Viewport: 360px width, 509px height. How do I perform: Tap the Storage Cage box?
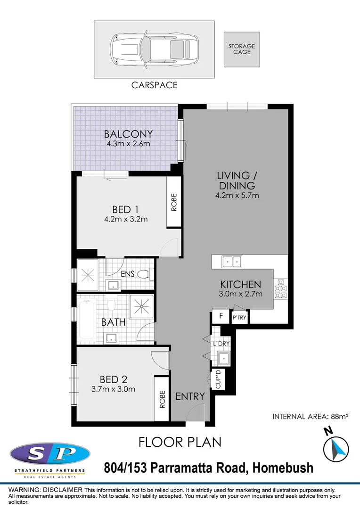pyautogui.click(x=242, y=49)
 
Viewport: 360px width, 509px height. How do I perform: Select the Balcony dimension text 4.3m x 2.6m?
pyautogui.click(x=127, y=144)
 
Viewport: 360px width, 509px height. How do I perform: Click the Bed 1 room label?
pyautogui.click(x=125, y=209)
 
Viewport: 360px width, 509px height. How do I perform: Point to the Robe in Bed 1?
pyautogui.click(x=174, y=202)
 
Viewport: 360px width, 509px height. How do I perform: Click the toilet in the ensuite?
pyautogui.click(x=147, y=273)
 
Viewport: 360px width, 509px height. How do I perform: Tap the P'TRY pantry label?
pyautogui.click(x=239, y=319)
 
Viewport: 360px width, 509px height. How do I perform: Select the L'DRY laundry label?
pyautogui.click(x=221, y=344)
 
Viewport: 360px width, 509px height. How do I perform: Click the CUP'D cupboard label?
pyautogui.click(x=218, y=380)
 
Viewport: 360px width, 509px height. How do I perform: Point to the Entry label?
pyautogui.click(x=190, y=396)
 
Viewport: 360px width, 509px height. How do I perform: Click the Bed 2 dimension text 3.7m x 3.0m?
pyautogui.click(x=113, y=389)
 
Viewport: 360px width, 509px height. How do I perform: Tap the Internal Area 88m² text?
pyautogui.click(x=310, y=417)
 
